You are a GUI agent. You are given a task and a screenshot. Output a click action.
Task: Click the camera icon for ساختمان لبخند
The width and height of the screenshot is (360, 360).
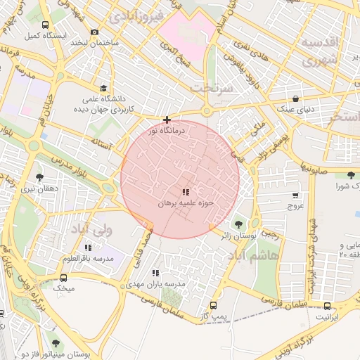click(x=95, y=32)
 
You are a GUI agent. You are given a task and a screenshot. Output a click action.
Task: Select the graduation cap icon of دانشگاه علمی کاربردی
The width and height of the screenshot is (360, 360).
click(x=104, y=89)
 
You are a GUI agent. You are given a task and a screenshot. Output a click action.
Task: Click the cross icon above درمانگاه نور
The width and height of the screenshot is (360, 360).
click(x=167, y=120)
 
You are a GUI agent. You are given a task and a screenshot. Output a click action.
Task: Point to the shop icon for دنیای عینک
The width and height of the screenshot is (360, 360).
click(x=296, y=98)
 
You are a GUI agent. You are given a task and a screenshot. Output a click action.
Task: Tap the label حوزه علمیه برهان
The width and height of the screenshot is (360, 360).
click(x=185, y=202)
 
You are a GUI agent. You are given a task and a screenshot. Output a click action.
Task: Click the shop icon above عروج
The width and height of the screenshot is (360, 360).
click(x=295, y=195)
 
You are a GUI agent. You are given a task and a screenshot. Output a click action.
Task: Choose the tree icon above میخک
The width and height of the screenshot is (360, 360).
click(x=65, y=276)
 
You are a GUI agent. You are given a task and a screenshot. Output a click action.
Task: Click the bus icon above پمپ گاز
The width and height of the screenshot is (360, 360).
click(x=213, y=306)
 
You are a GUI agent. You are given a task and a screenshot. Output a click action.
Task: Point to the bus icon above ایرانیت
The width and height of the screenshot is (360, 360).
click(x=328, y=306)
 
